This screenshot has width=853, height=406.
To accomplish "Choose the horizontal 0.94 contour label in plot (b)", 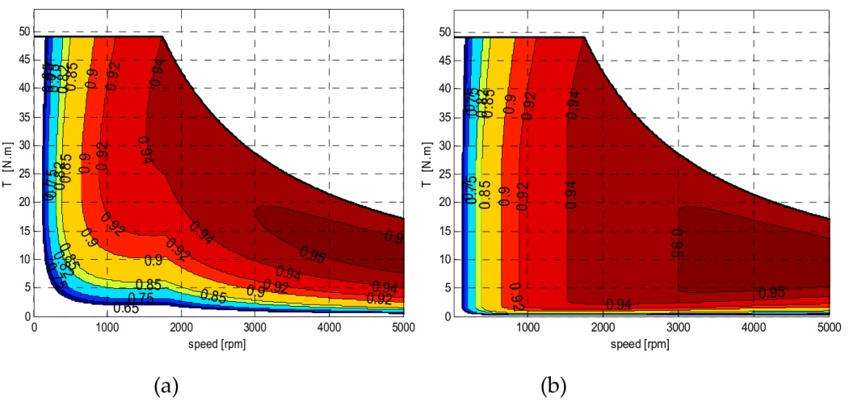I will [619, 303].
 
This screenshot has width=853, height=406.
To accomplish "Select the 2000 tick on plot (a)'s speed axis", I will [182, 327].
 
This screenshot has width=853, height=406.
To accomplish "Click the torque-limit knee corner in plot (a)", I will [163, 37].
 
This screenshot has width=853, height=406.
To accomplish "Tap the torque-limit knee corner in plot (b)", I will [585, 37].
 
